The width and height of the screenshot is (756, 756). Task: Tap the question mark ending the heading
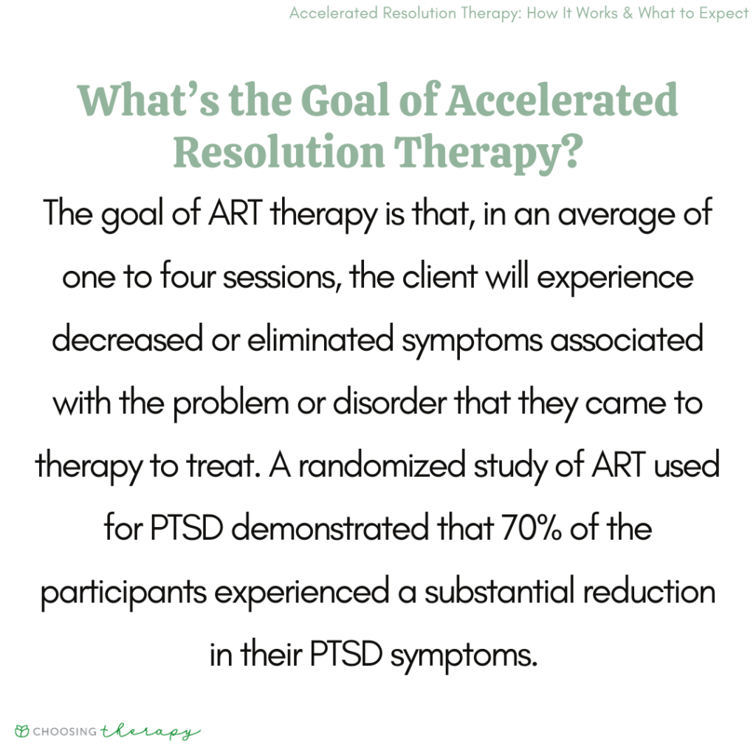point(567,151)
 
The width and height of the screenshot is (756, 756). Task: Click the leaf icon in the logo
point(23,732)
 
